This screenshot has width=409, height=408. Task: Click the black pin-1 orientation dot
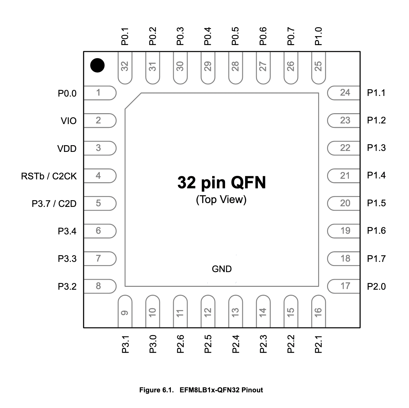tap(97, 65)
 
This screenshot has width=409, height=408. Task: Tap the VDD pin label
tap(67, 149)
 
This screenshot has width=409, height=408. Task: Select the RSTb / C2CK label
tap(49, 176)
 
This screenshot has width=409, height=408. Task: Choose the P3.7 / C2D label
tap(54, 204)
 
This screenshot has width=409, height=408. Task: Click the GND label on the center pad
tap(221, 269)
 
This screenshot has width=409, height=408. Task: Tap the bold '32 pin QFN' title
tap(221, 183)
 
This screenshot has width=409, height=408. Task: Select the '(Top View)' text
tap(221, 200)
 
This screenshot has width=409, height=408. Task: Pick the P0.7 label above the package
tap(291, 36)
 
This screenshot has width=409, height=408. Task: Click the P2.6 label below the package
tap(180, 344)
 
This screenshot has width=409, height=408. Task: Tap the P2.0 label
tap(376, 286)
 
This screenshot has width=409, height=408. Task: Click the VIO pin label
tap(69, 121)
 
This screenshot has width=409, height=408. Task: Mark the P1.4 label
tap(376, 176)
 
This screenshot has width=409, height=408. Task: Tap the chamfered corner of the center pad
tap(133, 101)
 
